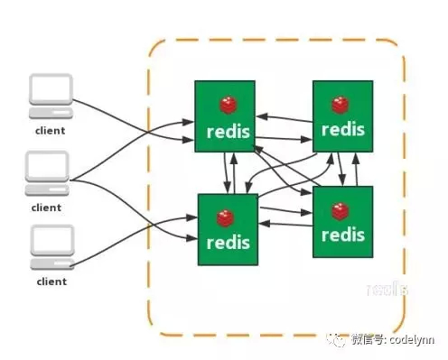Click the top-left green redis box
[x=225, y=115]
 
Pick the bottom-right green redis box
[x=342, y=223]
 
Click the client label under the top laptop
[x=50, y=132]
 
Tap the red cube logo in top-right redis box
[x=341, y=103]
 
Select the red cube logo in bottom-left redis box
[x=224, y=217]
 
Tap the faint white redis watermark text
[x=389, y=290]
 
